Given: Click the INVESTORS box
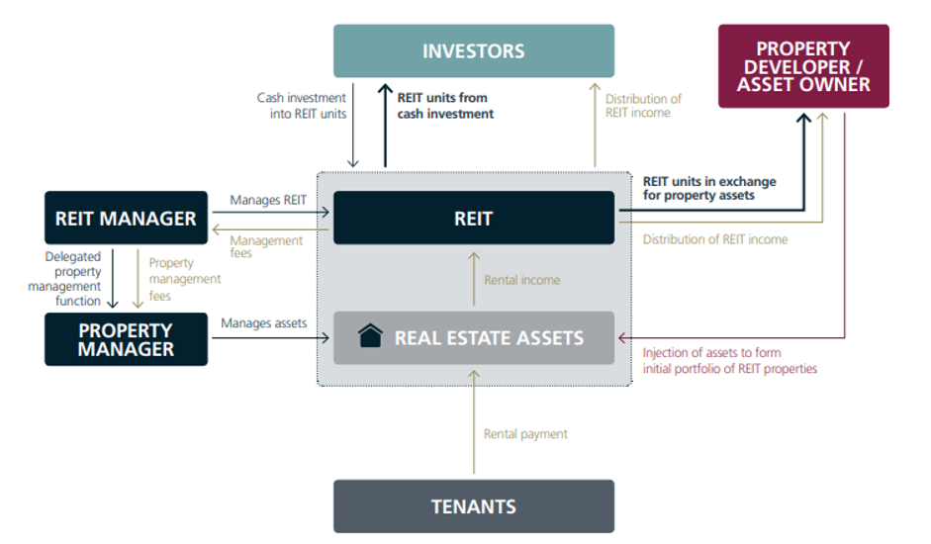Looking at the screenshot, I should click(x=473, y=51).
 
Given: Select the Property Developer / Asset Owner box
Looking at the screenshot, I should click(x=803, y=66).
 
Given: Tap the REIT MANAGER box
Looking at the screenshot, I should click(x=126, y=218).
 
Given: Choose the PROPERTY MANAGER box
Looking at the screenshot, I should click(x=126, y=339).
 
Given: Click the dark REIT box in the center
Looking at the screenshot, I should click(x=473, y=218).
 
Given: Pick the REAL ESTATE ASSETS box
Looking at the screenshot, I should click(x=473, y=338).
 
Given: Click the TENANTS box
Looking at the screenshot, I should click(x=473, y=506).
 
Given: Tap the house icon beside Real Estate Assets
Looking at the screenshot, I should click(x=370, y=337).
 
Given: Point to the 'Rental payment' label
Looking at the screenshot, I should click(x=525, y=433).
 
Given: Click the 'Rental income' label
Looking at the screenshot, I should click(x=521, y=280).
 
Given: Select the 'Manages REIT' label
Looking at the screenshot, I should click(x=268, y=200).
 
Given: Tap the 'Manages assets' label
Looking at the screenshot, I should click(x=263, y=322).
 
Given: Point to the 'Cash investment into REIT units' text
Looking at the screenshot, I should click(x=301, y=106).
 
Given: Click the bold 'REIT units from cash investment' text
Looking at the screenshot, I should click(x=445, y=106).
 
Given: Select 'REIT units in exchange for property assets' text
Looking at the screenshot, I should click(x=709, y=188).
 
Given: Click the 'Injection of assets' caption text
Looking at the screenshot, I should click(x=730, y=361).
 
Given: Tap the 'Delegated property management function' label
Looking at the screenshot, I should click(x=72, y=279).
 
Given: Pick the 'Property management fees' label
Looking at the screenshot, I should click(x=172, y=279).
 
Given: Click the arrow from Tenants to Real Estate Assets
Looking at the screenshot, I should click(x=474, y=425).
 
